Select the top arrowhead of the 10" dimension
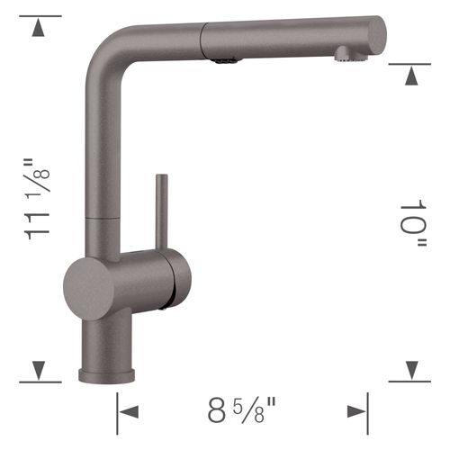pos(410,73)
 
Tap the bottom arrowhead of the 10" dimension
pos(410,370)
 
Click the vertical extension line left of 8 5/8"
pos(117,414)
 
